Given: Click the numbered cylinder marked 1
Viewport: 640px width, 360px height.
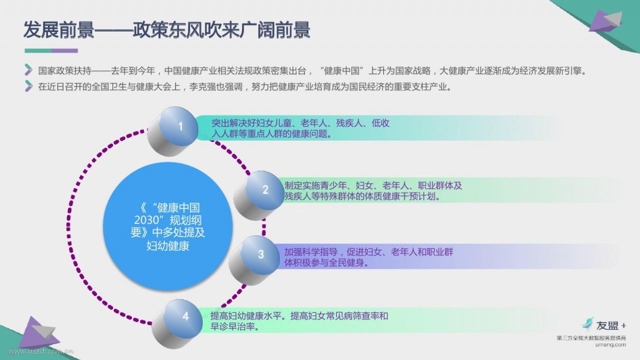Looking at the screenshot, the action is click(x=172, y=131).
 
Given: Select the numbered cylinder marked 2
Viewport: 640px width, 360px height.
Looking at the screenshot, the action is click(x=258, y=195).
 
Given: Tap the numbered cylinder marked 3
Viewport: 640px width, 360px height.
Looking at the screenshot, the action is click(x=254, y=260).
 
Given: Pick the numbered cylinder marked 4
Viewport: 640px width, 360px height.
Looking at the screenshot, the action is click(x=177, y=324).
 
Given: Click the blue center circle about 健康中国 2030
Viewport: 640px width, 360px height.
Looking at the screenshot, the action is click(x=167, y=226).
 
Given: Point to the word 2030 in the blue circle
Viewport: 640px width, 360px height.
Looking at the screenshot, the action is click(x=146, y=220).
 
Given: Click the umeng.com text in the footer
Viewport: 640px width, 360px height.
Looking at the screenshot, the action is click(x=610, y=345).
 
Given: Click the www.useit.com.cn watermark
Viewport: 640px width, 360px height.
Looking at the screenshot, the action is click(x=40, y=351).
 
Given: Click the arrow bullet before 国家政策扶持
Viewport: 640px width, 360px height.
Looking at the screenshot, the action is click(x=28, y=70).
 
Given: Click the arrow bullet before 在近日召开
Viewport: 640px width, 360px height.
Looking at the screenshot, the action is click(x=28, y=86).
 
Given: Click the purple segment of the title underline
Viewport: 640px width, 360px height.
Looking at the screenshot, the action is click(x=64, y=51).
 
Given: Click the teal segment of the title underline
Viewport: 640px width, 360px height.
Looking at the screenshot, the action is click(x=38, y=51).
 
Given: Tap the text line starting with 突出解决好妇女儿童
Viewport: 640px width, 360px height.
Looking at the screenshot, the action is click(x=300, y=123).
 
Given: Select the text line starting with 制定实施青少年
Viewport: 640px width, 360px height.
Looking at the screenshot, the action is click(x=373, y=185).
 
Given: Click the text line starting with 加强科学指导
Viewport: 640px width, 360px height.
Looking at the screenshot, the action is click(x=368, y=252).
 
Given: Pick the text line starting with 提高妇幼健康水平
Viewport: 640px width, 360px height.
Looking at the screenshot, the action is click(x=299, y=316).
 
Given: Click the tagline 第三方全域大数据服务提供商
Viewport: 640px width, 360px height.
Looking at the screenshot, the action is click(x=591, y=338).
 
